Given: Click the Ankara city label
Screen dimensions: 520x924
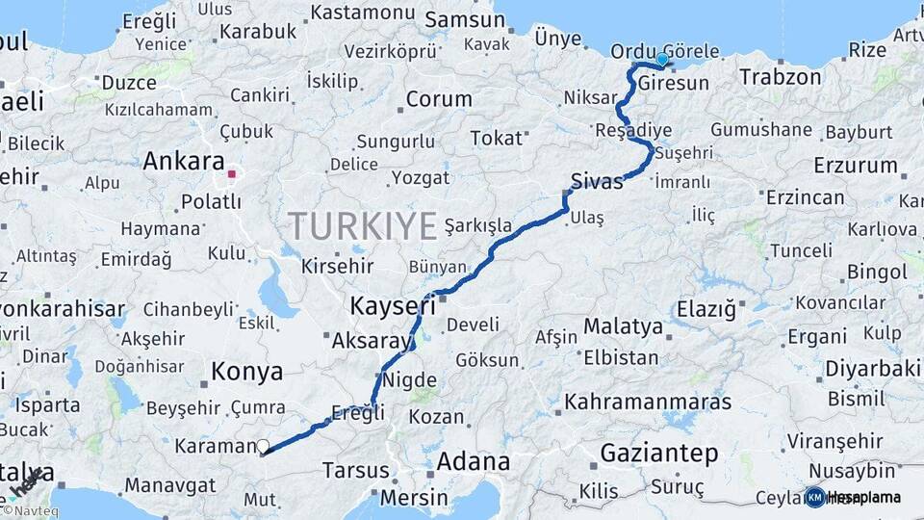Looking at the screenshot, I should coord(183,162).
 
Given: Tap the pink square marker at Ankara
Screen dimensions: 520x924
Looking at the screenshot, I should coord(232,174).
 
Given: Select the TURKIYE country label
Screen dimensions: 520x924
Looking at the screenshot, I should coord(363,225).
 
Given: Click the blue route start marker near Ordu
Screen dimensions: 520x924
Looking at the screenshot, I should coord(662,60).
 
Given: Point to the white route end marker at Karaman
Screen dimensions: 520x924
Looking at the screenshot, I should coord(262,446).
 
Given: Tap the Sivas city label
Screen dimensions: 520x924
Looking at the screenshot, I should coord(597,181).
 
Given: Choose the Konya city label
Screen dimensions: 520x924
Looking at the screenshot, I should coord(246,372).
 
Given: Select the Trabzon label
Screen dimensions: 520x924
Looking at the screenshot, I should coord(781,77).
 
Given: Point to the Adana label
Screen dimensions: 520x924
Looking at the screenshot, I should coord(473,461).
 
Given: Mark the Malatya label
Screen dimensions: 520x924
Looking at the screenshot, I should coord(623,326).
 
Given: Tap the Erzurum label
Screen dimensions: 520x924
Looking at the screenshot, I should coord(855,165).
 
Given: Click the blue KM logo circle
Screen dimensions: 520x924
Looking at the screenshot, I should coord(814,497).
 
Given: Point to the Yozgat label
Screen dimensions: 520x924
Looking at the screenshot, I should coord(421,178).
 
